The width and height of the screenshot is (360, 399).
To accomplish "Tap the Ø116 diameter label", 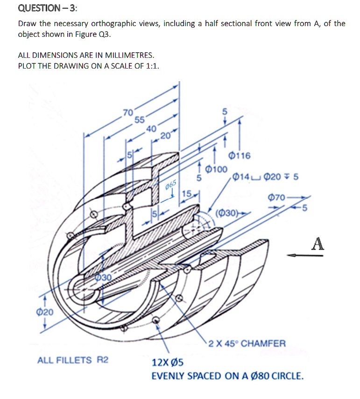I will (x=240, y=155).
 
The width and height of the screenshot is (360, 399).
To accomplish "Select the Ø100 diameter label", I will (x=216, y=169).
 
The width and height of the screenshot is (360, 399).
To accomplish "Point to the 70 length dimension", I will (x=127, y=112).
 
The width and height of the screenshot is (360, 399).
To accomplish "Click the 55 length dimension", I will (x=140, y=119).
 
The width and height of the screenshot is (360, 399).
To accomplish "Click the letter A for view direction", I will (x=318, y=243).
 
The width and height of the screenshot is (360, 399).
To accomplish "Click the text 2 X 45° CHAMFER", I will (x=247, y=343).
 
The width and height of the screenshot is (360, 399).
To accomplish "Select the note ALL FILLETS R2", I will (x=72, y=360).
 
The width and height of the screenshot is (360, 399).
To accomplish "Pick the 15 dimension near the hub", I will (x=187, y=193).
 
